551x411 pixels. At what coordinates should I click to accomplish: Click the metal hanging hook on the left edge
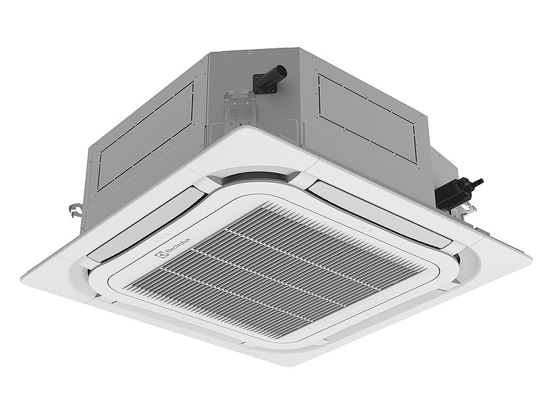tap(75, 210)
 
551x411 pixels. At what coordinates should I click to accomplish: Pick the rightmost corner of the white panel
tap(531, 256)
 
